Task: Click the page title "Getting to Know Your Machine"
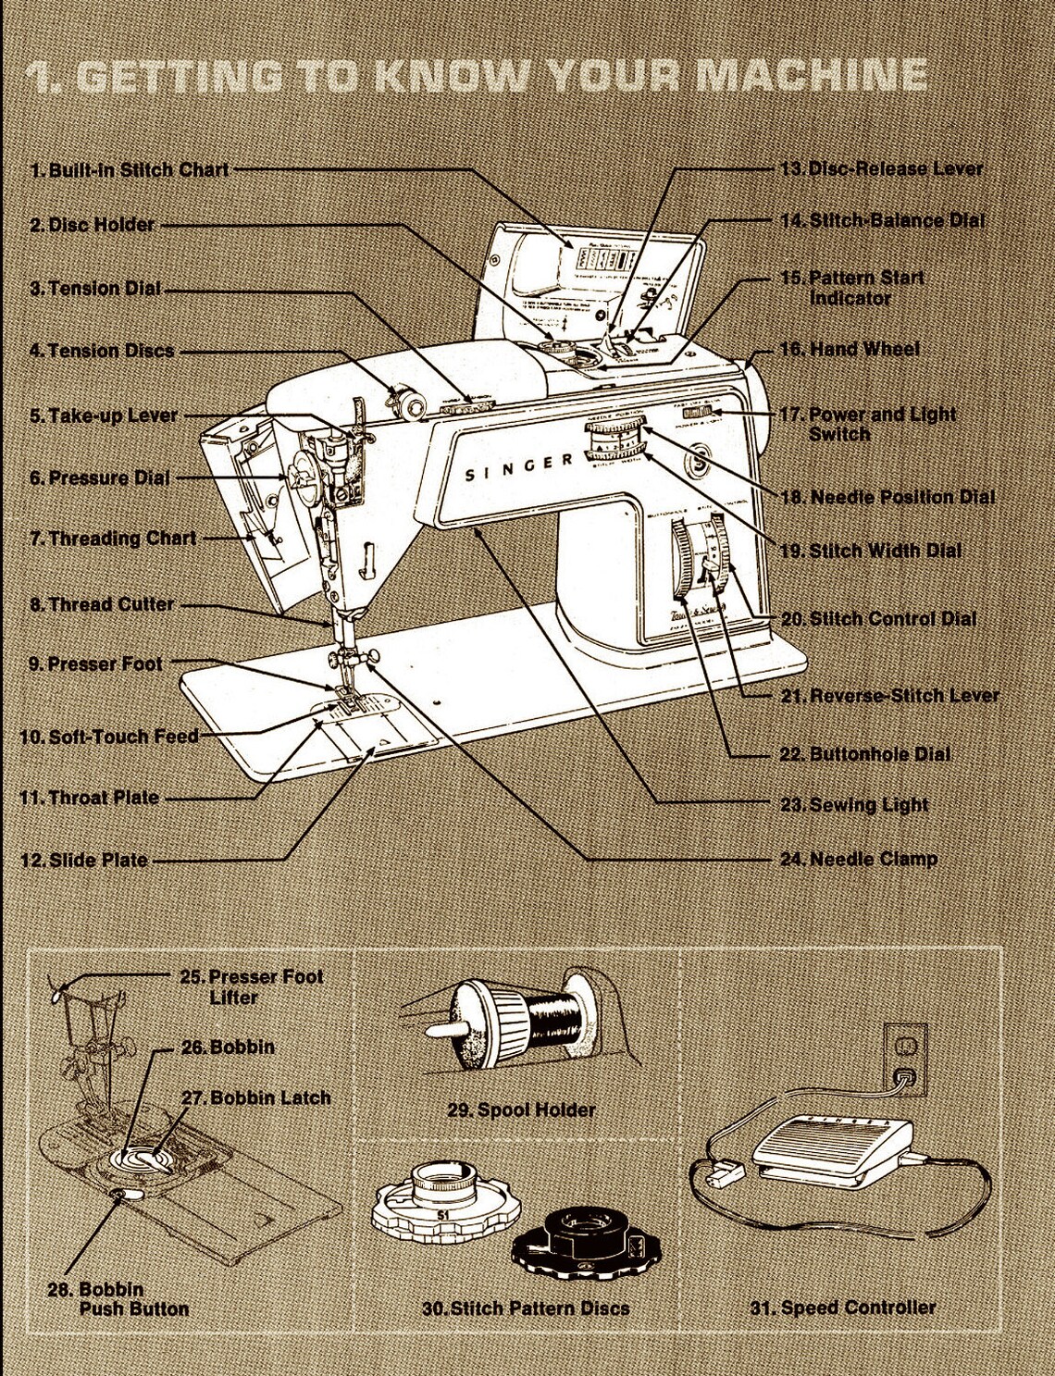point(478,76)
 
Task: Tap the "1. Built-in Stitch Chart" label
point(130,170)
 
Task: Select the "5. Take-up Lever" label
point(104,415)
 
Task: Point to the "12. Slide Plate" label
point(84,860)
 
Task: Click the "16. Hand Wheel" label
point(850,349)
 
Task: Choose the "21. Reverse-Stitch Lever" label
point(889,695)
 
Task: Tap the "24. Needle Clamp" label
point(859,859)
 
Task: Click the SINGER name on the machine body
point(518,469)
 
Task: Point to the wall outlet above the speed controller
point(904,1058)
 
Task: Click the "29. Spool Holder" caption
point(521,1109)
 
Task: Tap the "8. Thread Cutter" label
point(102,604)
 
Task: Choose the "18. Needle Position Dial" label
point(887,497)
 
